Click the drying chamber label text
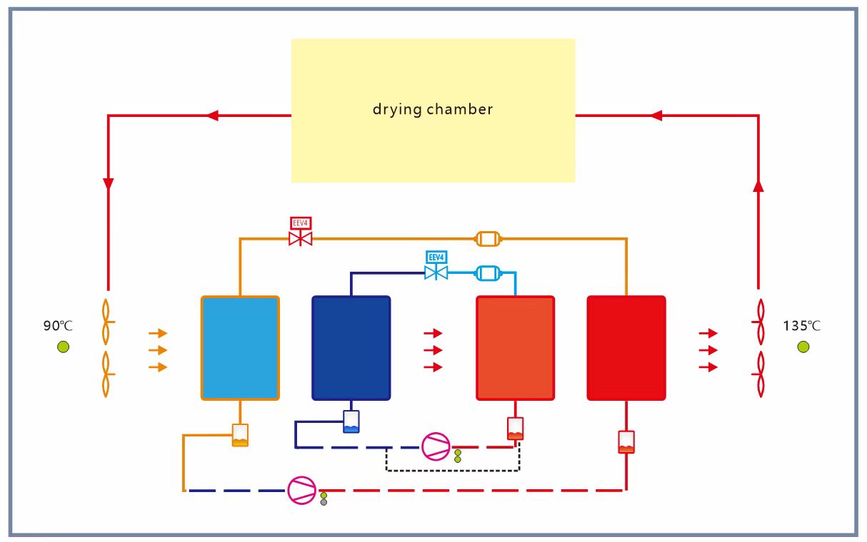(x=433, y=110)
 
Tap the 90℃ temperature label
(x=58, y=327)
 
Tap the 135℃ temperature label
(x=801, y=327)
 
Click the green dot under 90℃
(x=64, y=347)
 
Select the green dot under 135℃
(x=803, y=347)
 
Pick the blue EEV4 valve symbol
(x=436, y=272)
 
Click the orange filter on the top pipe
(x=488, y=238)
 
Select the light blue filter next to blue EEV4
(x=488, y=272)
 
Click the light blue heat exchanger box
(x=240, y=348)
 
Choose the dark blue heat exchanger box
(x=351, y=348)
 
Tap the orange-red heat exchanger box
(x=515, y=348)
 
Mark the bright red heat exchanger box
(x=626, y=348)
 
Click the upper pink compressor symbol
(x=436, y=446)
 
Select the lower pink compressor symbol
(x=301, y=490)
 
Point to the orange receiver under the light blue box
(x=241, y=436)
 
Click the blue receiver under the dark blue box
(x=351, y=421)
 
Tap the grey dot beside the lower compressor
(x=324, y=502)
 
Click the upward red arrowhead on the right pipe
(x=758, y=185)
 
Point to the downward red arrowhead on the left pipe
(x=109, y=184)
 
